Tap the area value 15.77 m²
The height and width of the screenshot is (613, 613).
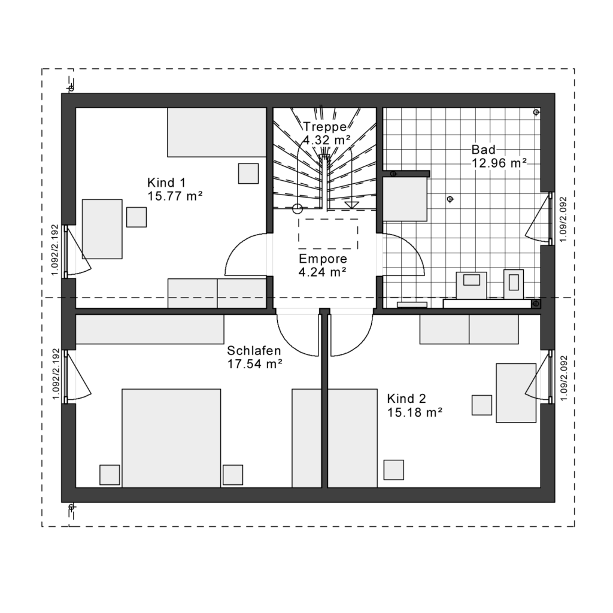click(x=175, y=195)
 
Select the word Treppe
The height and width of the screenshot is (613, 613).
click(x=324, y=127)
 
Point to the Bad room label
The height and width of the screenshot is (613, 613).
click(x=483, y=150)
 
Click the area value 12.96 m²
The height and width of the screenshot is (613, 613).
click(x=499, y=162)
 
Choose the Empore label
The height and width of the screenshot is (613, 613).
click(x=323, y=259)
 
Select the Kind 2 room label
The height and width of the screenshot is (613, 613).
click(x=406, y=399)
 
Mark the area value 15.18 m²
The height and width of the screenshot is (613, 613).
click(x=414, y=411)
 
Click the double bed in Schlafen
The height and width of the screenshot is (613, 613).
click(x=171, y=438)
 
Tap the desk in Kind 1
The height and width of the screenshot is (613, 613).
click(x=102, y=229)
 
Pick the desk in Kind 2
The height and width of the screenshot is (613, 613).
click(x=516, y=393)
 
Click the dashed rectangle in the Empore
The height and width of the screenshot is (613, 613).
click(x=328, y=234)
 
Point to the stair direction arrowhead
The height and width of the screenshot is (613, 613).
click(x=351, y=205)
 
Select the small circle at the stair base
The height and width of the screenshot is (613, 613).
click(x=297, y=208)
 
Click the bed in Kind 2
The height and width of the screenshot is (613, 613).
click(x=334, y=438)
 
